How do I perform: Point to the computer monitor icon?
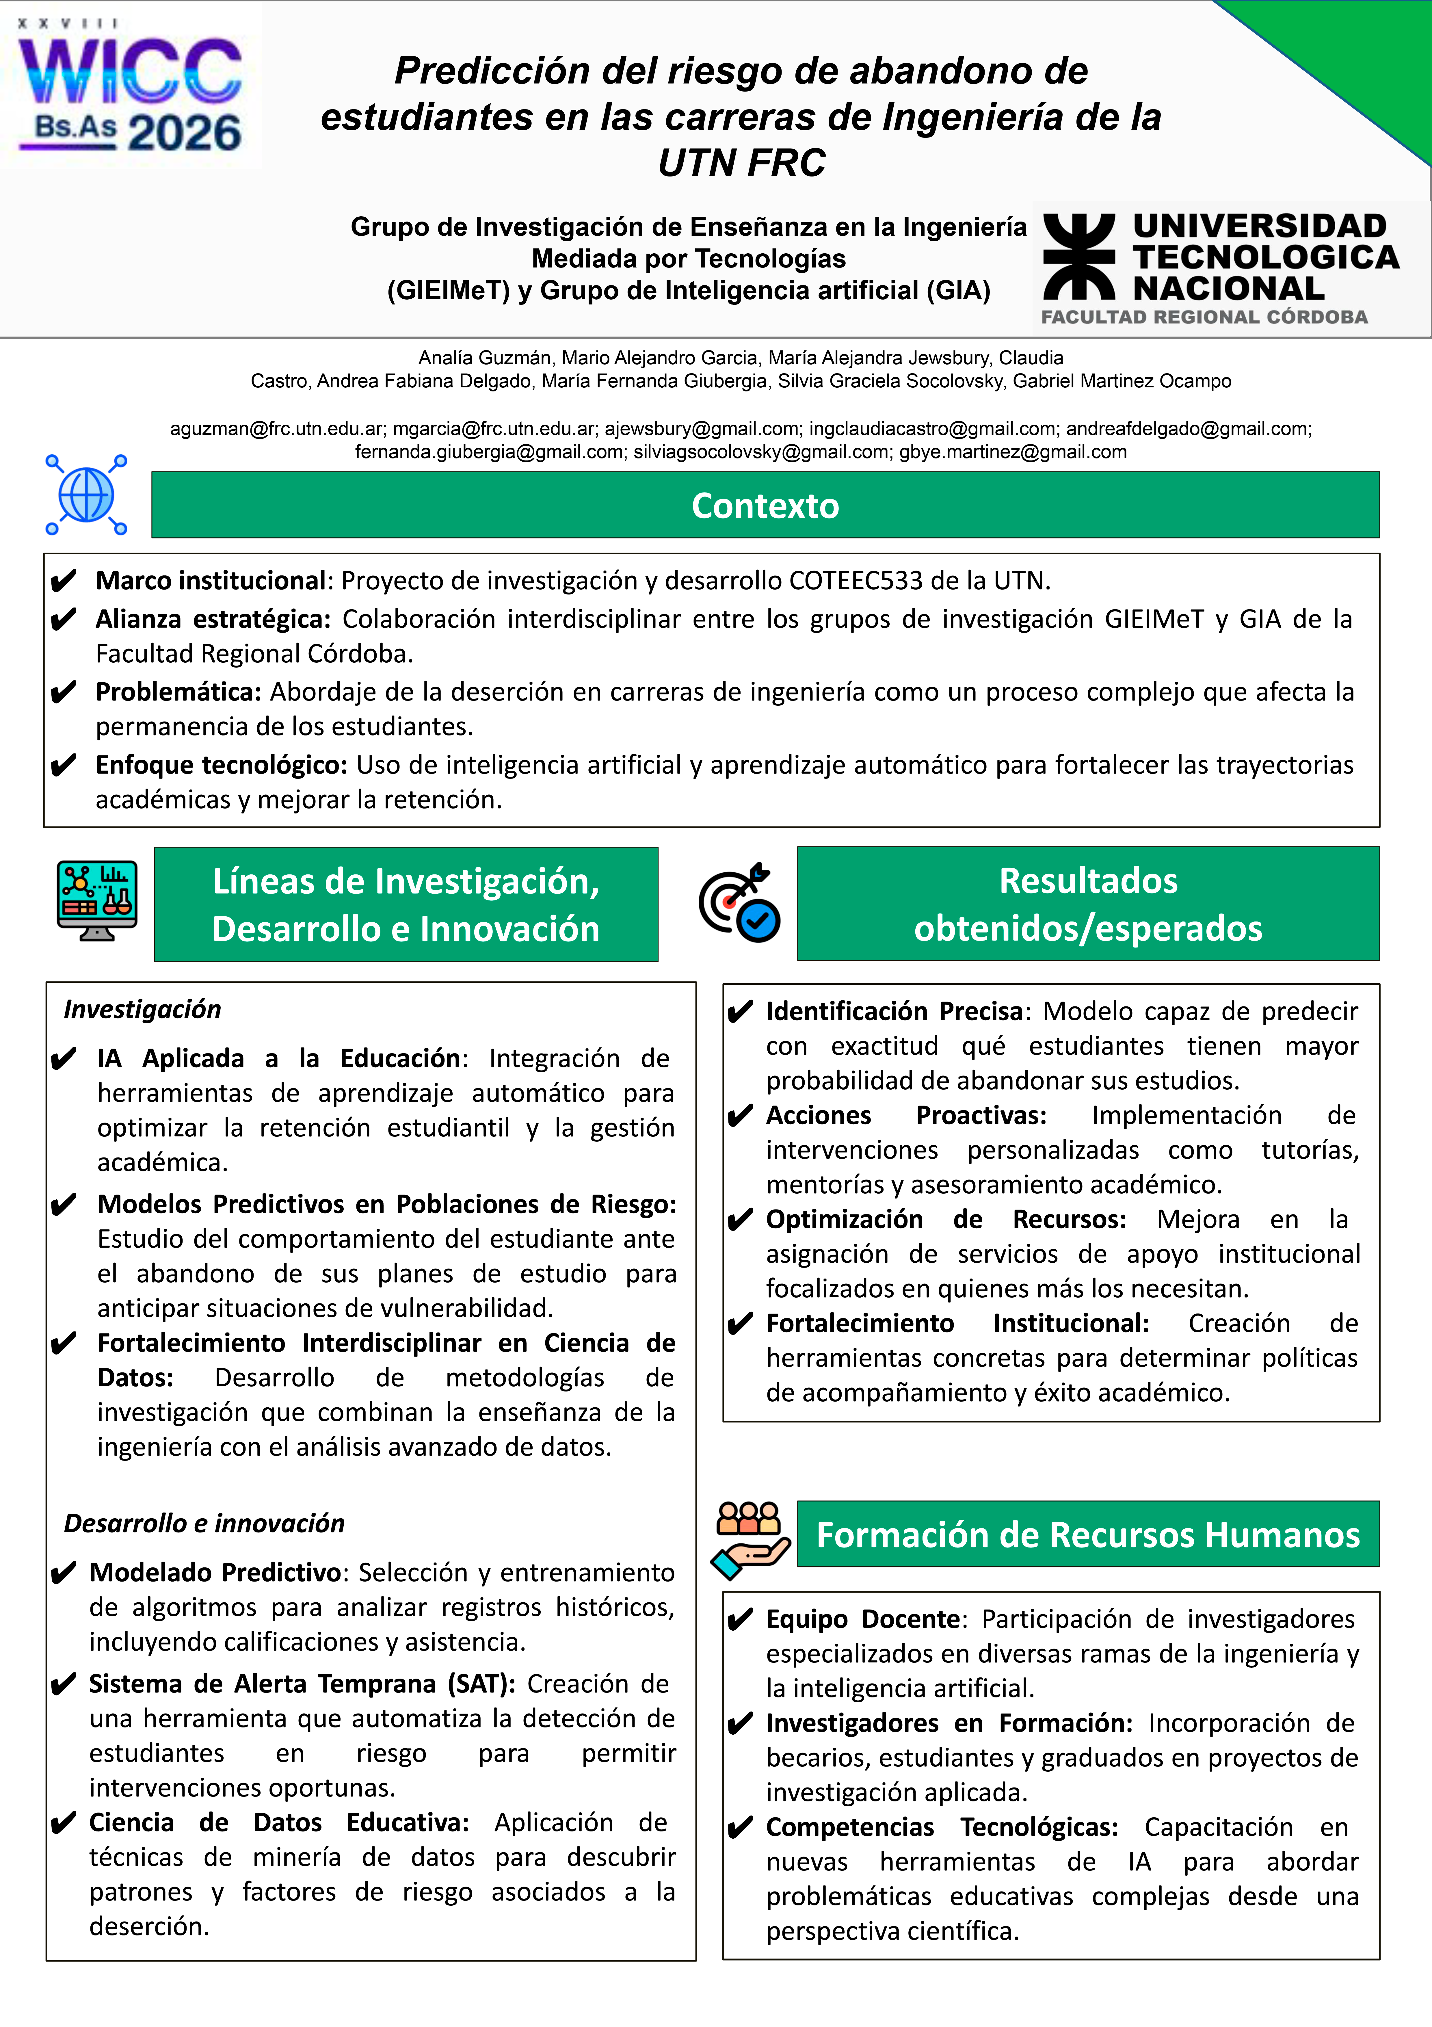coord(97,900)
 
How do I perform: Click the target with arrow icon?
coord(739,902)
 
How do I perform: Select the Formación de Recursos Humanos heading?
coord(1088,1534)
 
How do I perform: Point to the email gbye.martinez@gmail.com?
coord(1013,452)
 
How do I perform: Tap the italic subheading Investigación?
coord(142,1009)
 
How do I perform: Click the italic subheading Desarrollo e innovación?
coord(204,1523)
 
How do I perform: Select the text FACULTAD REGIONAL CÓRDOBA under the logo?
coord(1204,317)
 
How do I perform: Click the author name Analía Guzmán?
coord(486,358)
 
